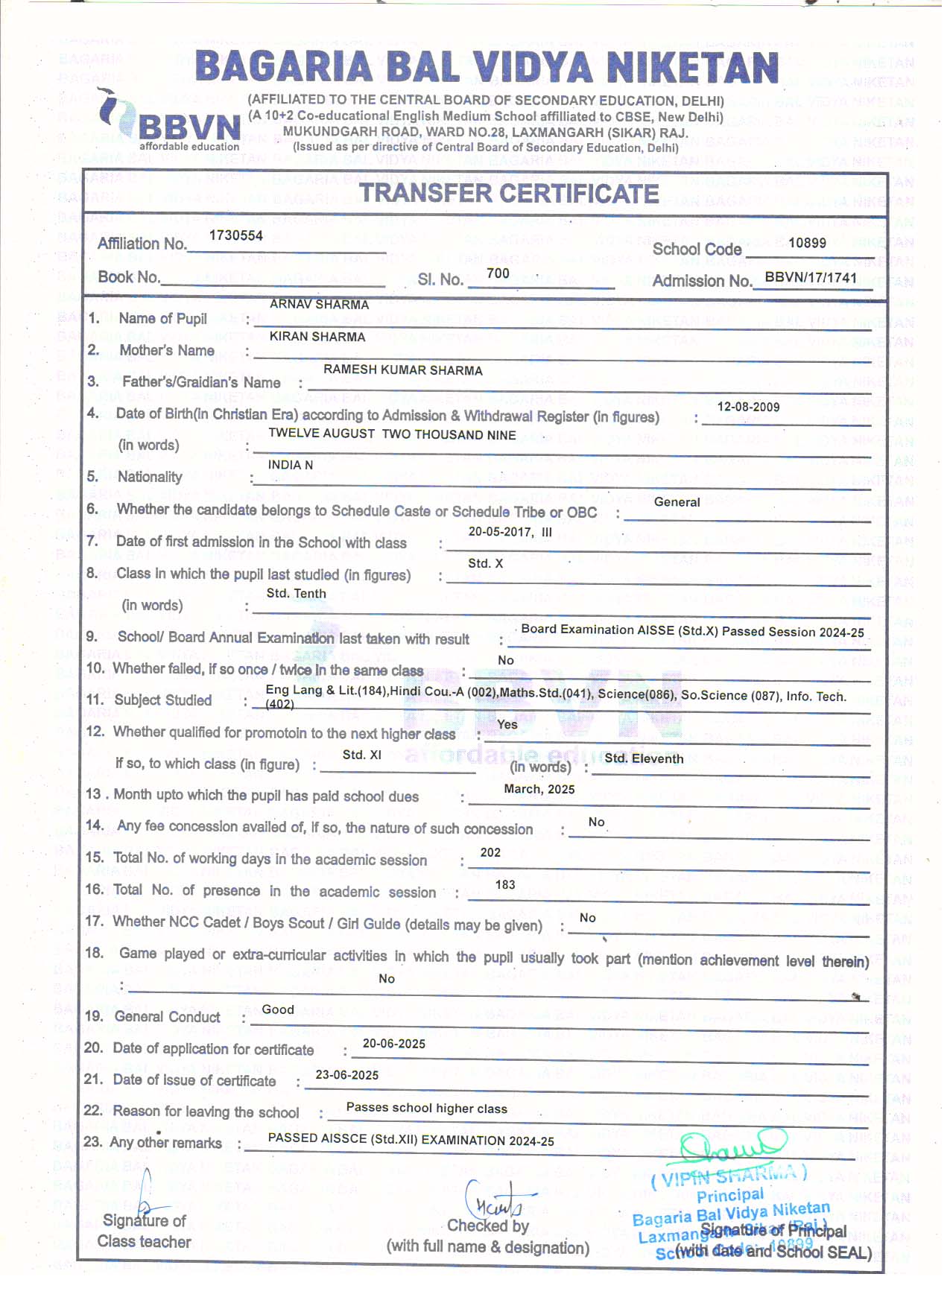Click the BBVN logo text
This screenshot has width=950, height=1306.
click(x=189, y=127)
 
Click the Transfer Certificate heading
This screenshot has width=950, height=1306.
click(x=509, y=194)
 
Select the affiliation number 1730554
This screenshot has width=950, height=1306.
click(x=236, y=235)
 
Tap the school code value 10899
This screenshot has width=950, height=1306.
click(x=807, y=243)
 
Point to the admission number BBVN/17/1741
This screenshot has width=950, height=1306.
click(x=811, y=277)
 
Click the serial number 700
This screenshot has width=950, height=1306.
click(x=498, y=273)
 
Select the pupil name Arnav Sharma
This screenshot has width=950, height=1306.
click(x=319, y=304)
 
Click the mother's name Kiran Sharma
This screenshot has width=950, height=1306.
click(x=317, y=337)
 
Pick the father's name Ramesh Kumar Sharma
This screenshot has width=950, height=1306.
click(x=402, y=370)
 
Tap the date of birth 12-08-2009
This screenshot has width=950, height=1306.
click(x=748, y=407)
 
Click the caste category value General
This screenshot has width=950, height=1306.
click(x=677, y=502)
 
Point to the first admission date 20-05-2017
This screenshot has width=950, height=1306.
click(x=500, y=532)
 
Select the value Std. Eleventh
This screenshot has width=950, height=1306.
click(x=644, y=758)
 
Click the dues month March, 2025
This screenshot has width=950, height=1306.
click(x=539, y=789)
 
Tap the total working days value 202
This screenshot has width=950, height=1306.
click(x=490, y=852)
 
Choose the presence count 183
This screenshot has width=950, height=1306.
click(x=505, y=884)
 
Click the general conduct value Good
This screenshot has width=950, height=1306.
click(x=278, y=1009)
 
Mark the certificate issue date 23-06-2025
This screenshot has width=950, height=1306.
click(x=347, y=1075)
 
